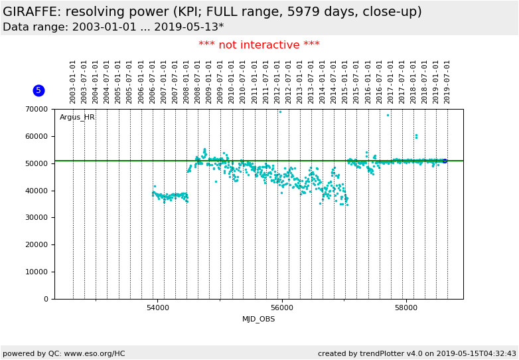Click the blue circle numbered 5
coord(38,90)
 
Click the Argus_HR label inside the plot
coord(77,118)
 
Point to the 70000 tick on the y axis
coord(38,109)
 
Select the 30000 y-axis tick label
coord(38,218)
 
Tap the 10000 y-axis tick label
coord(38,272)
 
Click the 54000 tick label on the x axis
coord(158,308)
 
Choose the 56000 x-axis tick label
coord(282,308)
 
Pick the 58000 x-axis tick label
coord(406,308)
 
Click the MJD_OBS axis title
coord(259,319)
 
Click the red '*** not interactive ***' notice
coord(259,45)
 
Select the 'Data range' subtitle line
coord(113,27)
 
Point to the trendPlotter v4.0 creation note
coord(417,354)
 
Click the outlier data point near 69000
coord(280,112)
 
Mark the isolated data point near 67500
coord(388,115)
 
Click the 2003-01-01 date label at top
coord(73,81)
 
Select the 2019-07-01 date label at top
coord(447,81)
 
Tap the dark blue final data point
coord(445,161)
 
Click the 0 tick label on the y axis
coord(46,299)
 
